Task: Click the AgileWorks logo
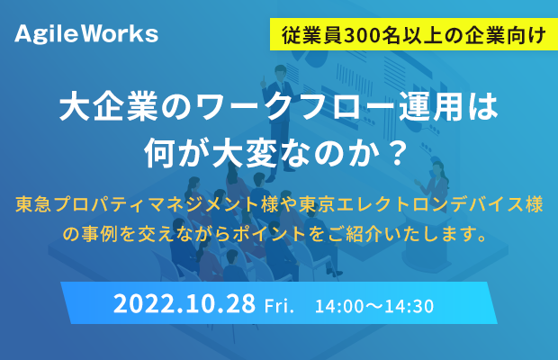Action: tap(86, 34)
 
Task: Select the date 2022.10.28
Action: tap(184, 304)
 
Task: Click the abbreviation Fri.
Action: tap(279, 306)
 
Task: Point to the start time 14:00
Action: tap(335, 306)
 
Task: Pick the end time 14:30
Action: tap(414, 306)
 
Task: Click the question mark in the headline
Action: tap(397, 153)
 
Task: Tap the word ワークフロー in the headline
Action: tap(295, 106)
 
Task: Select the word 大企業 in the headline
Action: tap(109, 106)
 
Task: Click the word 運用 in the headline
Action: tap(430, 106)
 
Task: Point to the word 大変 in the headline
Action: tap(245, 153)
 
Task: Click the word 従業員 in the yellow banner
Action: tap(312, 36)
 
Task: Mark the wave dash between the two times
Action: tap(374, 307)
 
